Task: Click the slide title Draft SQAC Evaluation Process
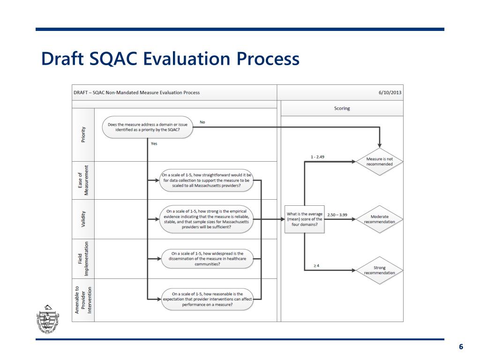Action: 170,60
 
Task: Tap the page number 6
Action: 461,346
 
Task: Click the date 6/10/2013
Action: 390,92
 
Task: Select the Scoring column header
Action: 342,108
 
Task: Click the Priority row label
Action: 83,135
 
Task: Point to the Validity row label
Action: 83,219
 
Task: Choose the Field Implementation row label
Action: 83,259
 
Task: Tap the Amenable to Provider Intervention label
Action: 83,300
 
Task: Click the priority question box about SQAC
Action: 148,127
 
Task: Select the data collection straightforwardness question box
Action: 207,180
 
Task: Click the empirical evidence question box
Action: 207,219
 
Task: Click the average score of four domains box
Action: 304,219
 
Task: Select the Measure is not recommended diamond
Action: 380,162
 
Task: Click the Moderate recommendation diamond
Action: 380,219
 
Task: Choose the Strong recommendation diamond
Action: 380,270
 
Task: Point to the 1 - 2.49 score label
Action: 317,157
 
